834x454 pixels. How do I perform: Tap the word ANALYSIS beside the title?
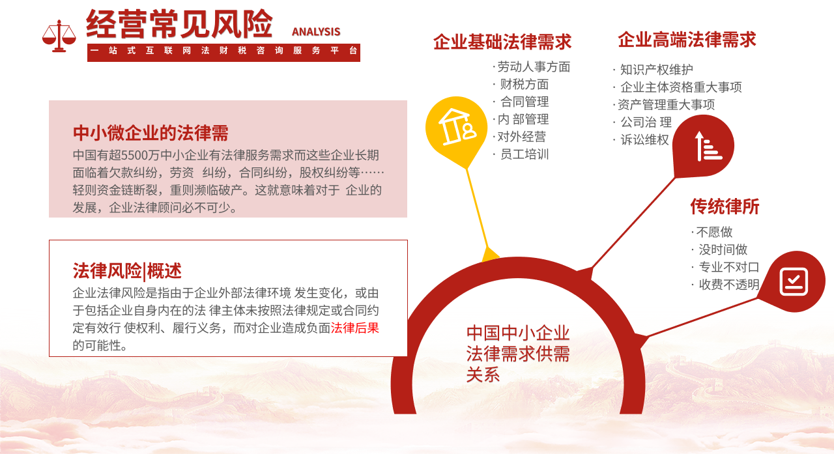[316, 32]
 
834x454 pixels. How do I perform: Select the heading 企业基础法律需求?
[502, 42]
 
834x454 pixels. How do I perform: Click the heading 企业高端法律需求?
[687, 40]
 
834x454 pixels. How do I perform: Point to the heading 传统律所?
[725, 207]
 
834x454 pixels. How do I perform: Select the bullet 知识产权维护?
[656, 70]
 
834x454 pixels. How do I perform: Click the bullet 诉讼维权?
[644, 139]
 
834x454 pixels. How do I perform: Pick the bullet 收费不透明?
[728, 285]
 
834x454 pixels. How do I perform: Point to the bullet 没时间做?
[723, 249]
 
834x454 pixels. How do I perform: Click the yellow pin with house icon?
[456, 126]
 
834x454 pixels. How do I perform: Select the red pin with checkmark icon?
[793, 281]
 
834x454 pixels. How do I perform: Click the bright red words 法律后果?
[355, 328]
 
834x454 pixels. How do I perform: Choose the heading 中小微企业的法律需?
[151, 133]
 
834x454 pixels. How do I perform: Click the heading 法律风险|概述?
[127, 270]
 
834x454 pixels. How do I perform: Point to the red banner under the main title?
[223, 52]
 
